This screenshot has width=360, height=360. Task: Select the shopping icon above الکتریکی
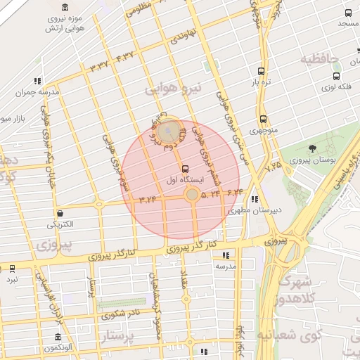(x=60, y=214)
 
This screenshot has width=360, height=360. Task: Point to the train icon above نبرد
(x=12, y=269)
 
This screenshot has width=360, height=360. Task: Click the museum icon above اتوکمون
(x=58, y=337)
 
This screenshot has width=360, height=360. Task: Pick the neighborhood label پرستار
(x=117, y=336)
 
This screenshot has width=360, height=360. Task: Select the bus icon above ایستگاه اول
(x=185, y=169)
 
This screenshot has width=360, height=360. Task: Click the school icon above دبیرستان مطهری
(x=254, y=198)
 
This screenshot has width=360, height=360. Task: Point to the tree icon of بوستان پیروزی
(x=312, y=148)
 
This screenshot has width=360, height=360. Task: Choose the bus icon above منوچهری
(x=263, y=119)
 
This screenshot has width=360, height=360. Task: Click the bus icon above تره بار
(x=262, y=72)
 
